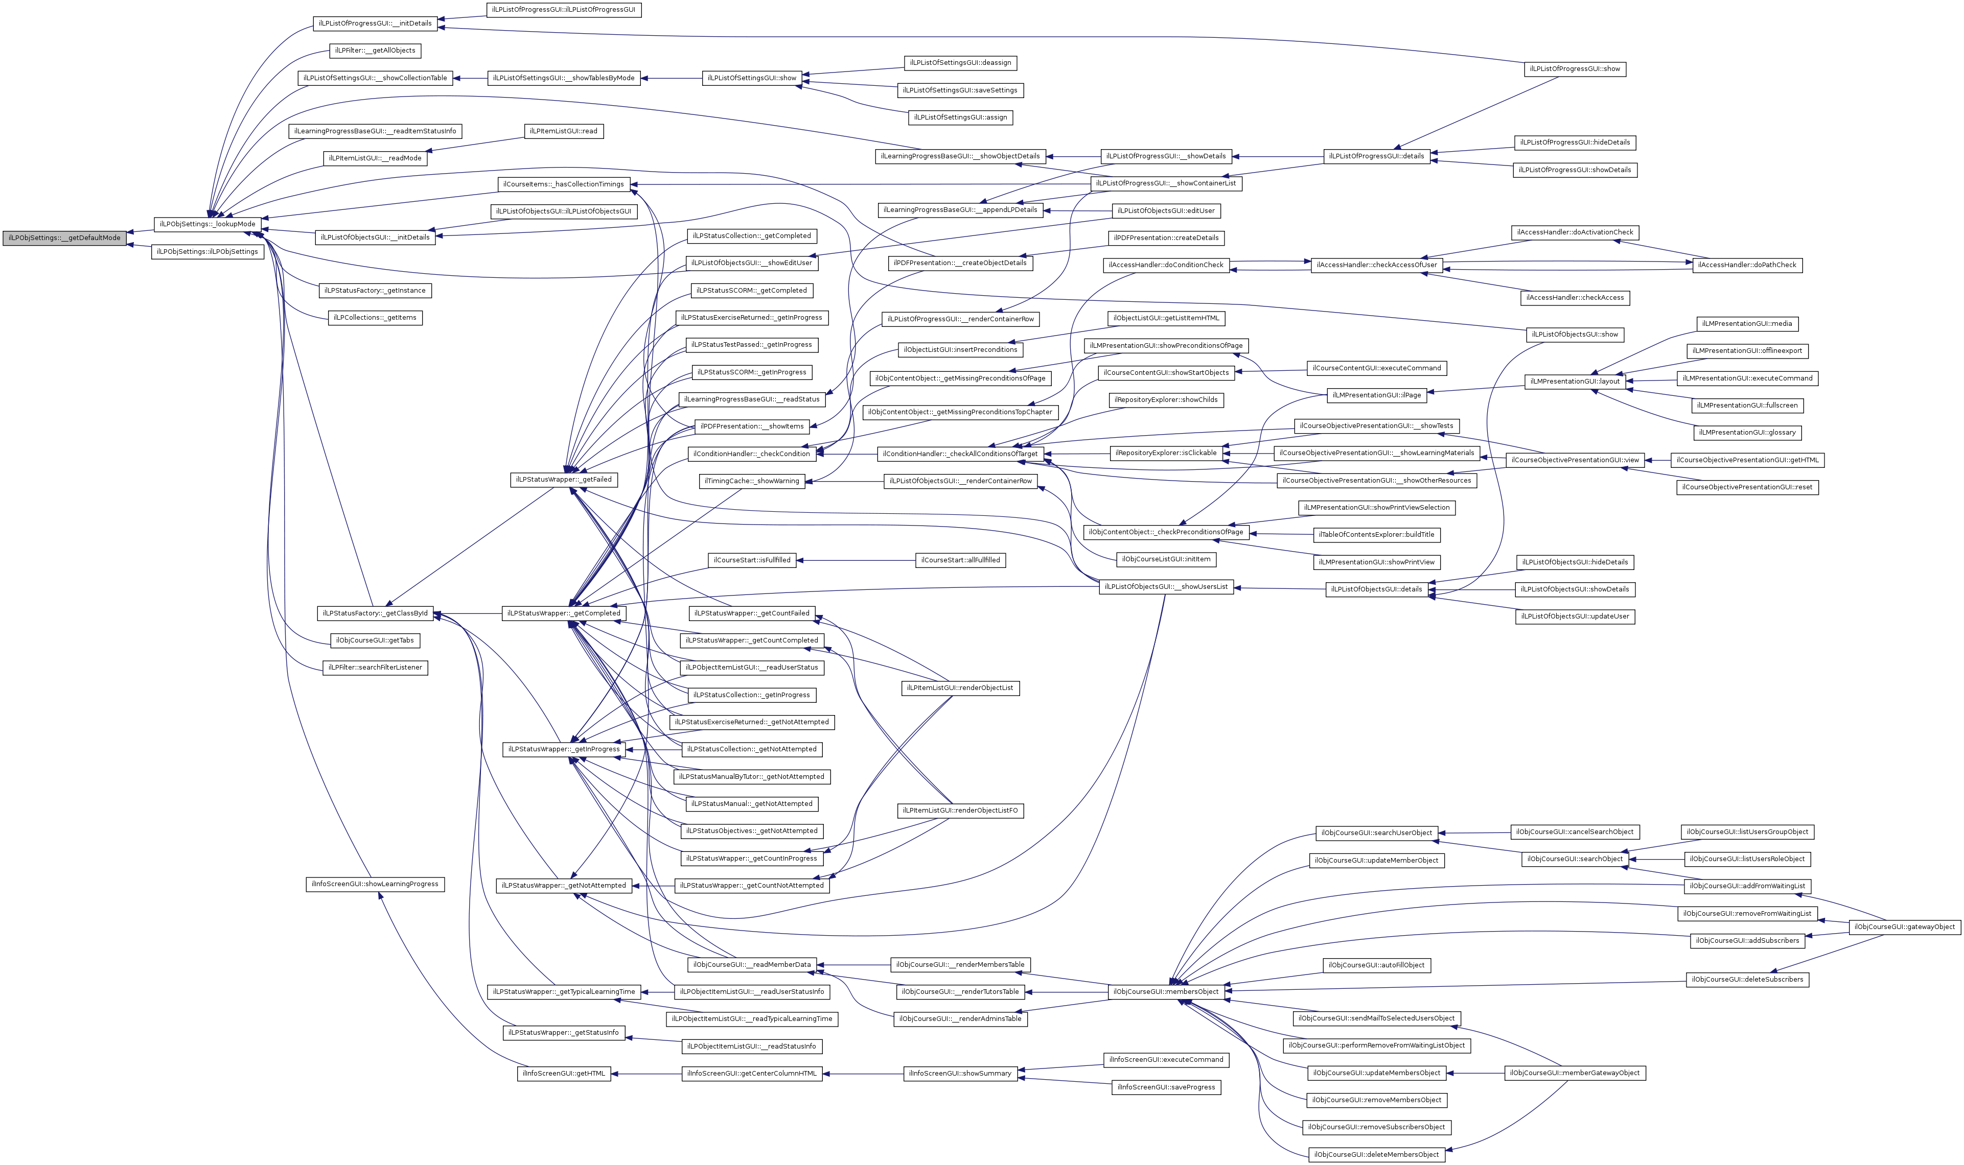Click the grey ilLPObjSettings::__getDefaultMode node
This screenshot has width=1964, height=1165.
pyautogui.click(x=64, y=238)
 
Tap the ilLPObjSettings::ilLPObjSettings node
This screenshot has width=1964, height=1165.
pyautogui.click(x=207, y=252)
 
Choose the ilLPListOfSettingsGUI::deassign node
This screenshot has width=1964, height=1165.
pyautogui.click(x=960, y=63)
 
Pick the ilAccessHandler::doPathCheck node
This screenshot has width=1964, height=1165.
pyautogui.click(x=1746, y=266)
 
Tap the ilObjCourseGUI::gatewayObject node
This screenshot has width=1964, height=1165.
pyautogui.click(x=1904, y=927)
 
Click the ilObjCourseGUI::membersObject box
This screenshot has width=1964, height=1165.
pyautogui.click(x=1166, y=992)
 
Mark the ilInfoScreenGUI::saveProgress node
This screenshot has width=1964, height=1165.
pyautogui.click(x=1166, y=1087)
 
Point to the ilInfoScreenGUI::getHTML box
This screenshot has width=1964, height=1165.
pyautogui.click(x=564, y=1074)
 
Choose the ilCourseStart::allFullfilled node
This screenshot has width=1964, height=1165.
pyautogui.click(x=960, y=560)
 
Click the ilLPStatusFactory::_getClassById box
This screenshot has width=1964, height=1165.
pyautogui.click(x=375, y=613)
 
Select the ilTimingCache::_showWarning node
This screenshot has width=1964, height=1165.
pyautogui.click(x=752, y=481)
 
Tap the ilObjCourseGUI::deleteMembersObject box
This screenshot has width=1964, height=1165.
pyautogui.click(x=1377, y=1155)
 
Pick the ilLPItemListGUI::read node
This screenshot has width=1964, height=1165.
pyautogui.click(x=563, y=131)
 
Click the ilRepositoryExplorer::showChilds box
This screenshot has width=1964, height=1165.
pyautogui.click(x=1166, y=400)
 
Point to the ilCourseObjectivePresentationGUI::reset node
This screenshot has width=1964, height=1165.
pyautogui.click(x=1747, y=488)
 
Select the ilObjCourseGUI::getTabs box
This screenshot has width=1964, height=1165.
pyautogui.click(x=375, y=640)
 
